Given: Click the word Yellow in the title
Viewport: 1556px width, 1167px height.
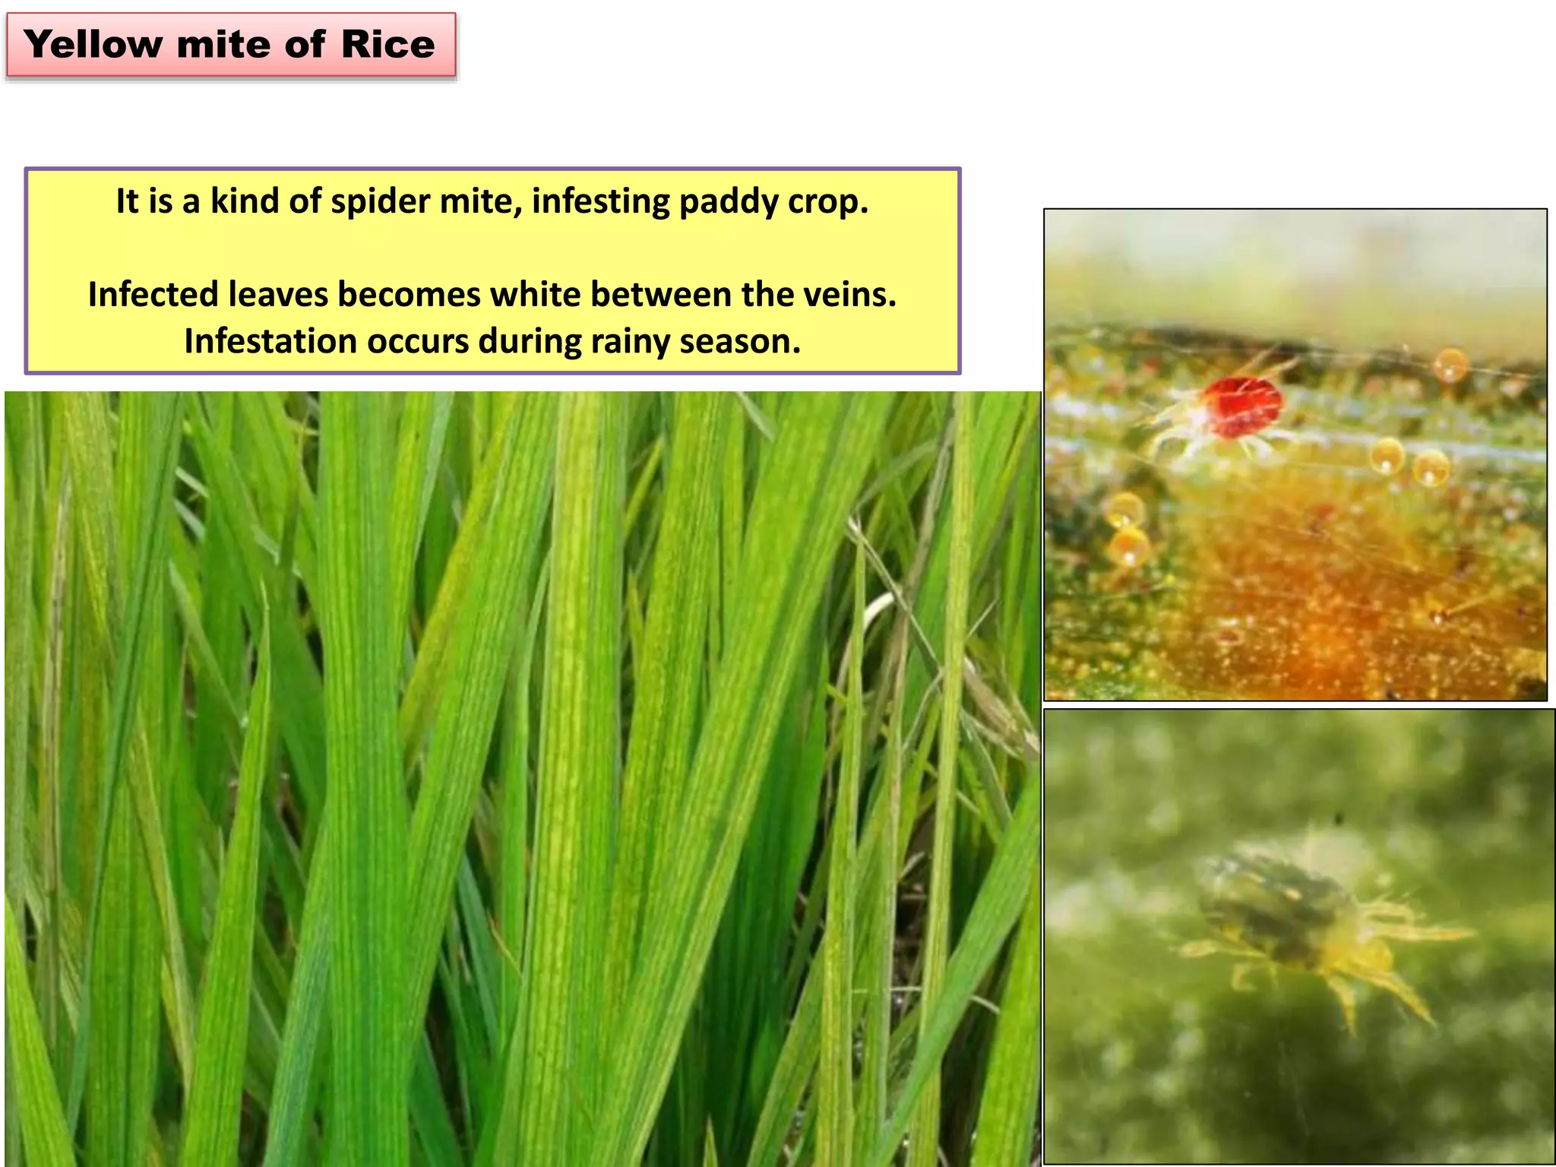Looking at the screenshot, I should pyautogui.click(x=93, y=45).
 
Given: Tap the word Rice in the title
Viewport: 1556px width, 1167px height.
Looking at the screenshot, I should pyautogui.click(x=387, y=45).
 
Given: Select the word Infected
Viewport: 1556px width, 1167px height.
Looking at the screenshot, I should pyautogui.click(x=151, y=295).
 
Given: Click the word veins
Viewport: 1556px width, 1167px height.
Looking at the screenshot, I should pyautogui.click(x=852, y=295).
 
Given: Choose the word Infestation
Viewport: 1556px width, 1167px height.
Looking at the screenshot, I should pyautogui.click(x=269, y=342).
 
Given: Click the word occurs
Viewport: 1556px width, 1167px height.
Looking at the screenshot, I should pyautogui.click(x=418, y=342).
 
